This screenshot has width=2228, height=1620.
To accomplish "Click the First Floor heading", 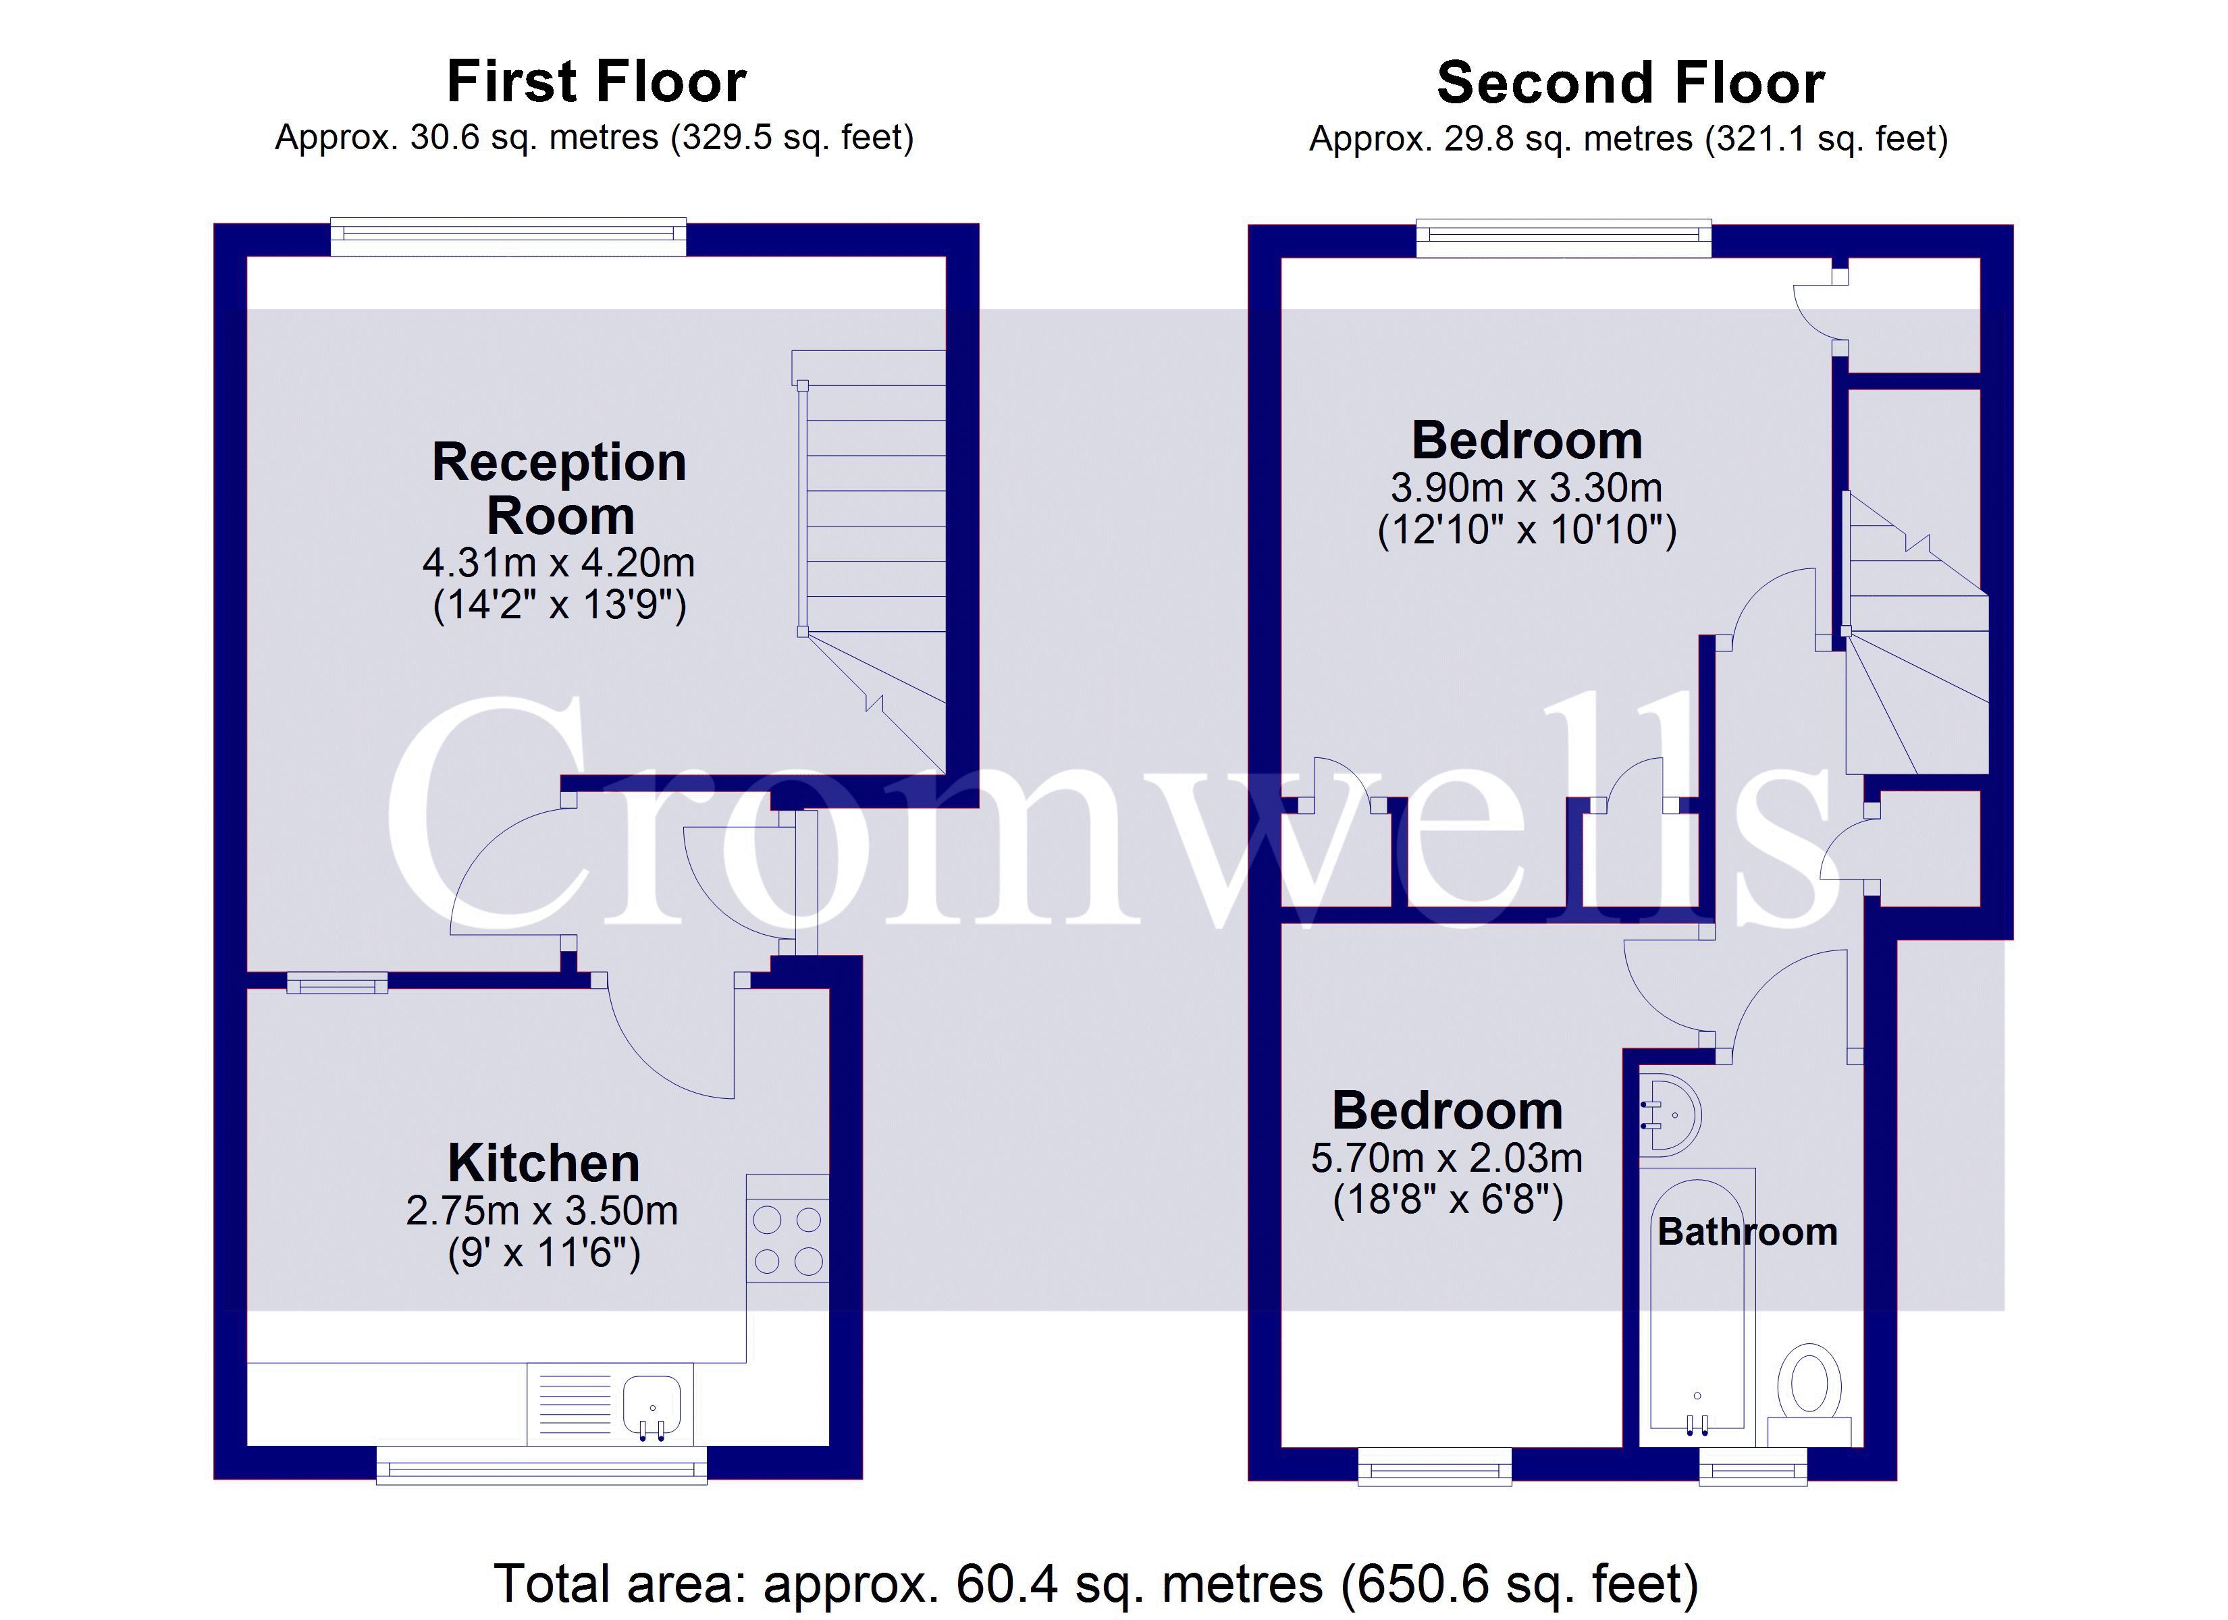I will (x=596, y=82).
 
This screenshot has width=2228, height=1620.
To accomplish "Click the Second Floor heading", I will (x=1630, y=82).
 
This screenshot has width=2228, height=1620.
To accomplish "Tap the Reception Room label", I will (x=559, y=488).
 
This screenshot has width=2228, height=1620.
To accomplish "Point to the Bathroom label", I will (x=1747, y=1232).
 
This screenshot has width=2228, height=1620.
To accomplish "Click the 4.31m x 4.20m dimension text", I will (x=559, y=563).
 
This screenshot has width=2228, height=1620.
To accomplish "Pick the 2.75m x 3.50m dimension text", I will (x=542, y=1210).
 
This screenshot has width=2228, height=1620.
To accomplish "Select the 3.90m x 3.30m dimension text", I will (x=1527, y=487).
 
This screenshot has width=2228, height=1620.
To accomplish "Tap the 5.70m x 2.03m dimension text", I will (x=1447, y=1158).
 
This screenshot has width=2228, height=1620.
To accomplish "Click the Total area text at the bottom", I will (x=1095, y=1583).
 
